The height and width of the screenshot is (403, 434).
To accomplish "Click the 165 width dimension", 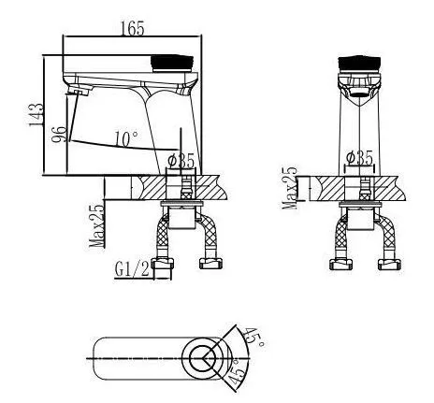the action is (x=133, y=28).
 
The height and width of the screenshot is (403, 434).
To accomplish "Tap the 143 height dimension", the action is (x=36, y=115).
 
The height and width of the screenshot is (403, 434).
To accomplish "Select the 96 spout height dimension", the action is (x=59, y=134).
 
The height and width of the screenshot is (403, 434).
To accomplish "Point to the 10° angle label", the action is (x=126, y=139).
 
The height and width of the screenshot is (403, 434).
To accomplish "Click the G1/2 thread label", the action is (x=133, y=269).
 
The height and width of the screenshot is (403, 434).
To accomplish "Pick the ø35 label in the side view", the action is (x=181, y=162).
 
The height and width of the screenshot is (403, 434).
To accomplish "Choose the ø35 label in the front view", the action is (x=359, y=158).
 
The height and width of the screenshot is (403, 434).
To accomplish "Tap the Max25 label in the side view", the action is (x=96, y=225).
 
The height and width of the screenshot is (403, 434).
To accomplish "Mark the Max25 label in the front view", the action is (x=289, y=188).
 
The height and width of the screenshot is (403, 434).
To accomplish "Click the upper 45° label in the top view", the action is (x=253, y=337).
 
